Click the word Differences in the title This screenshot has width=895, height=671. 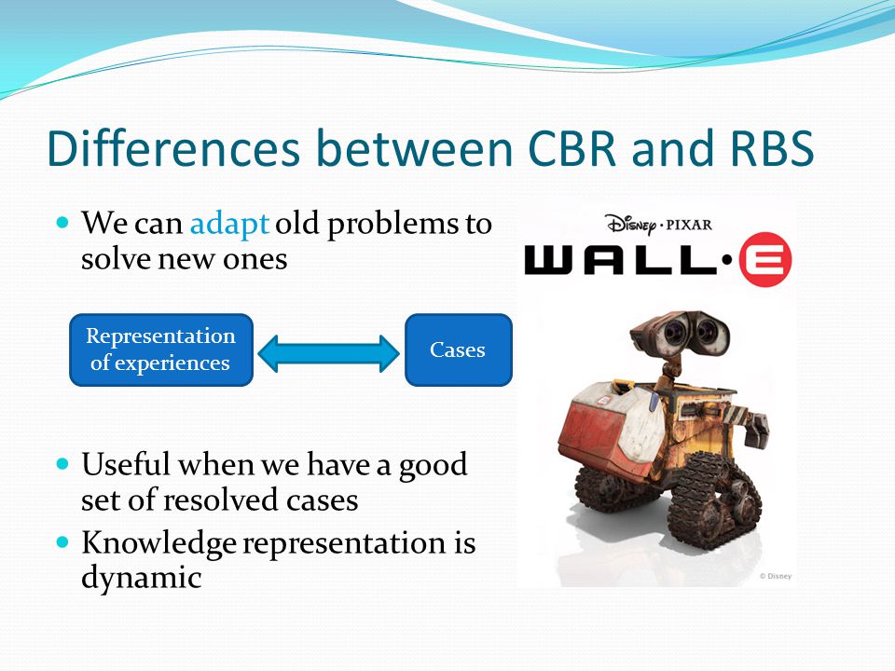(x=173, y=148)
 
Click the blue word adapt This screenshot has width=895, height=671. (x=229, y=224)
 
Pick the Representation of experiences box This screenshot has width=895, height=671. (x=161, y=349)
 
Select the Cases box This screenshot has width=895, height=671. (x=459, y=349)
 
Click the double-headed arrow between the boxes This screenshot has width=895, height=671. (x=329, y=354)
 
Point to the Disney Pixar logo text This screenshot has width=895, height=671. (x=659, y=225)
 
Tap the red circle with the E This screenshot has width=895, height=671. (x=765, y=259)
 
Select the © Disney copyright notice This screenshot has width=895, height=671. (x=775, y=576)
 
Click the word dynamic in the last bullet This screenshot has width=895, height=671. (x=142, y=578)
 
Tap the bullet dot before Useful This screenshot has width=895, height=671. (x=62, y=463)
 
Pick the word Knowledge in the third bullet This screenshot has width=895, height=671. (x=158, y=543)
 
